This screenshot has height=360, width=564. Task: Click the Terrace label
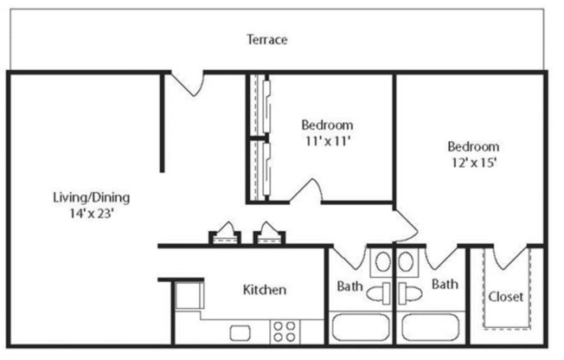[x=266, y=40]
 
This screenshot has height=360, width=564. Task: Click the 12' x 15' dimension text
[x=472, y=161]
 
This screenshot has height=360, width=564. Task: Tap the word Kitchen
[x=264, y=289]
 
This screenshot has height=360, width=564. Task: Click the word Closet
[x=505, y=296]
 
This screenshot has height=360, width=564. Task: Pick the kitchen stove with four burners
[x=284, y=331]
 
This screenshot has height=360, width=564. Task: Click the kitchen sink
[x=240, y=331]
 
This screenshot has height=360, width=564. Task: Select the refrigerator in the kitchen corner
[x=188, y=297]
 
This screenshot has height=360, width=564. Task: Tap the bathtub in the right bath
[x=430, y=330]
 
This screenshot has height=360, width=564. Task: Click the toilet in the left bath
[x=378, y=293]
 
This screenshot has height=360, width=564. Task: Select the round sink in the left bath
[x=381, y=262]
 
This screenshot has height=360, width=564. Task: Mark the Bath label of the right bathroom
[x=445, y=283]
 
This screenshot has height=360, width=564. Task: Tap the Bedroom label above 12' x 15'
[x=472, y=145]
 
